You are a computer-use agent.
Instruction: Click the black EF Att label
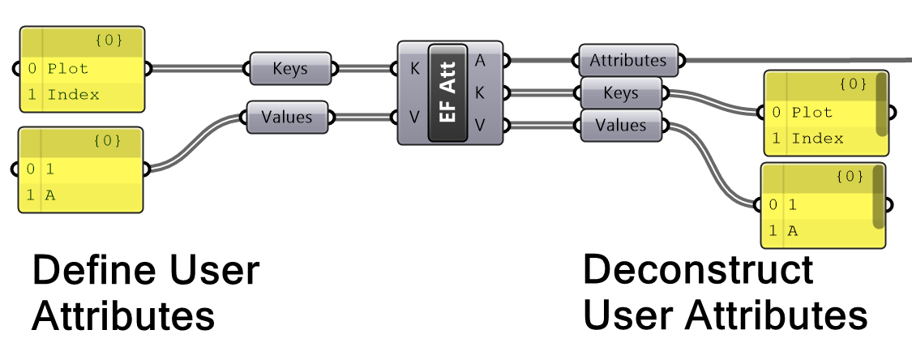tap(447, 93)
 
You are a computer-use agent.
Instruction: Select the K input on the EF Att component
tap(414, 69)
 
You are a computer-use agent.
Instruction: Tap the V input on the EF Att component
tap(414, 118)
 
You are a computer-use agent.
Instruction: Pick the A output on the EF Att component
tap(480, 60)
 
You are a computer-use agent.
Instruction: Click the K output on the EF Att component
tap(480, 92)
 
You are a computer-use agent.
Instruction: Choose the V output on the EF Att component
tap(480, 125)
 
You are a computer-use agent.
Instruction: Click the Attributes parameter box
tap(628, 61)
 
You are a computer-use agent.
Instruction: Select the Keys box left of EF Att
tap(290, 69)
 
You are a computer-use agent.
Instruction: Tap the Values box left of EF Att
tap(287, 117)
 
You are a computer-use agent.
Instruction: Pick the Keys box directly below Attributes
tap(621, 93)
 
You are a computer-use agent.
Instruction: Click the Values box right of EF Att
tap(621, 125)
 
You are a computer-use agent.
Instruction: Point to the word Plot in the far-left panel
tap(67, 69)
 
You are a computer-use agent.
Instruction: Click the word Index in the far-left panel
tap(73, 95)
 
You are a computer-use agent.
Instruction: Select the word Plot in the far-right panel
tap(811, 113)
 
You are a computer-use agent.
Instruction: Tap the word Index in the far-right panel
tap(817, 139)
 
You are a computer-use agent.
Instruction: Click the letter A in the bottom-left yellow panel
tap(50, 195)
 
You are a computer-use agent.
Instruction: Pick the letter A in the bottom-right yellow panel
tap(793, 231)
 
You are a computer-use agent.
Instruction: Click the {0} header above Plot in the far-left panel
tap(107, 40)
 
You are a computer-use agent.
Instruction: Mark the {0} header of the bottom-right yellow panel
tap(849, 176)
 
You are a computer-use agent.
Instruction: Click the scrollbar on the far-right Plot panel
tap(881, 105)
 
